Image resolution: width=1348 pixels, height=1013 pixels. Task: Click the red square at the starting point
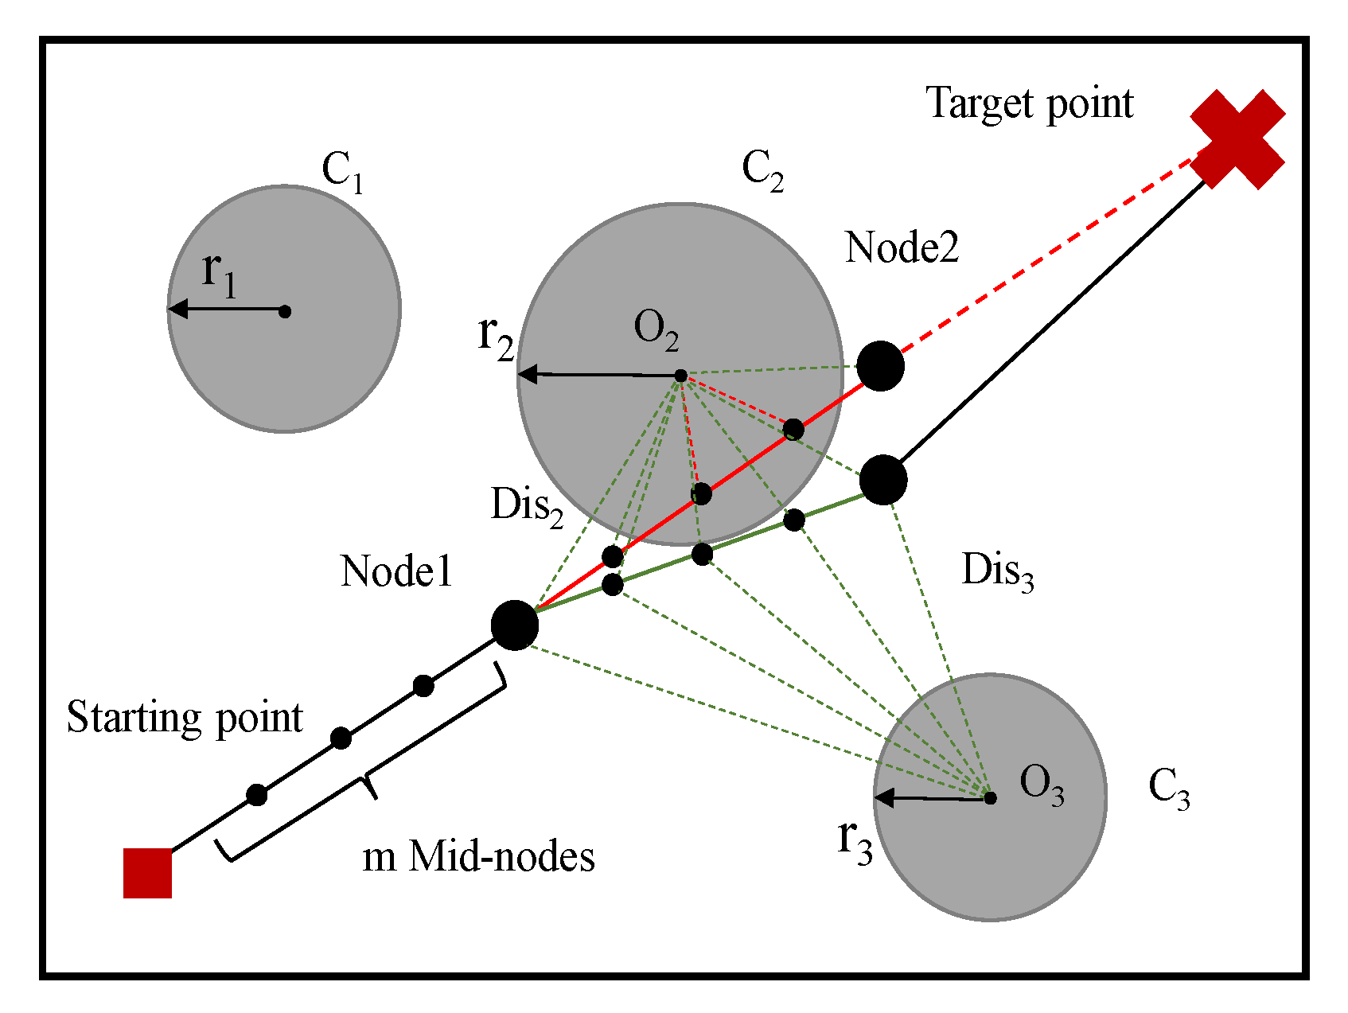pyautogui.click(x=148, y=873)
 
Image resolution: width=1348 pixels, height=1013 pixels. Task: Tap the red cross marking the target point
pyautogui.click(x=1237, y=140)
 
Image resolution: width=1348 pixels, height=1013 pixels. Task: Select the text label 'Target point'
pyautogui.click(x=1029, y=104)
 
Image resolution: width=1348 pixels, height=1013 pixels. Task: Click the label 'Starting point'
pyautogui.click(x=184, y=718)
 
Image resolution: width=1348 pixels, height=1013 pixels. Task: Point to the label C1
pyautogui.click(x=342, y=171)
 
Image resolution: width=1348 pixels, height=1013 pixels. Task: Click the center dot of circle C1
pyautogui.click(x=285, y=311)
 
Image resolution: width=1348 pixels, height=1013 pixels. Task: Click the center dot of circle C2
pyautogui.click(x=680, y=376)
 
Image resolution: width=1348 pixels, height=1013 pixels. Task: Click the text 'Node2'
pyautogui.click(x=902, y=247)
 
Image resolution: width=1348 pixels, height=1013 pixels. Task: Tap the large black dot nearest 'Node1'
pyautogui.click(x=515, y=625)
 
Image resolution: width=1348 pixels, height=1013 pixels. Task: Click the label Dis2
pyautogui.click(x=527, y=506)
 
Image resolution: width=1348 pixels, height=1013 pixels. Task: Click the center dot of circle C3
pyautogui.click(x=990, y=797)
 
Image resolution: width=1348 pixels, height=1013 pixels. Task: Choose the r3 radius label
pyautogui.click(x=855, y=841)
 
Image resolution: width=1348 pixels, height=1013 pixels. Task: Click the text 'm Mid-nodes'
pyautogui.click(x=478, y=858)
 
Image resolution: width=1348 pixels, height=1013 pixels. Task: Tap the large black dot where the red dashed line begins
pyautogui.click(x=880, y=366)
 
